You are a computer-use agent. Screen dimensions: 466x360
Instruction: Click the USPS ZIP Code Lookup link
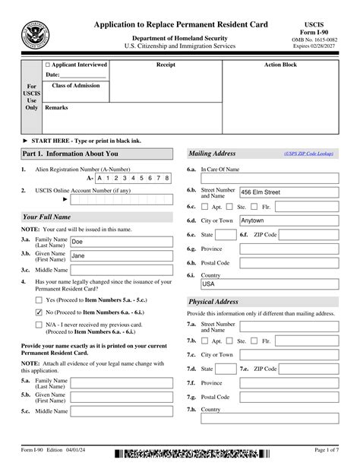pyautogui.click(x=308, y=153)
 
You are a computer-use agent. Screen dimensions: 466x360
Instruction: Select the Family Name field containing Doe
pyautogui.click(x=120, y=241)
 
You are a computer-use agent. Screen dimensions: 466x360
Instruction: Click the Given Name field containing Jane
pyautogui.click(x=120, y=255)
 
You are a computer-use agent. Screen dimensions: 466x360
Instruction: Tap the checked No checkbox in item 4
pyautogui.click(x=39, y=312)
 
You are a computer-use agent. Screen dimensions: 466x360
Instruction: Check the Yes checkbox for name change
pyautogui.click(x=39, y=300)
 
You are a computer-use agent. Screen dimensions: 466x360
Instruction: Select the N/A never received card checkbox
pyautogui.click(x=39, y=325)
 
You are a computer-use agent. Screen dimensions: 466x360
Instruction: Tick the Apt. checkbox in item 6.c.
pyautogui.click(x=206, y=206)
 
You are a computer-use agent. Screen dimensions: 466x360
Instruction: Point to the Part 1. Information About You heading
pyautogui.click(x=60, y=154)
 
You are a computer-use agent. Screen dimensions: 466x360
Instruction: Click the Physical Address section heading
pyautogui.click(x=213, y=301)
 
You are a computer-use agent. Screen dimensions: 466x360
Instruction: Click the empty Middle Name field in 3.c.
pyautogui.click(x=120, y=270)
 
